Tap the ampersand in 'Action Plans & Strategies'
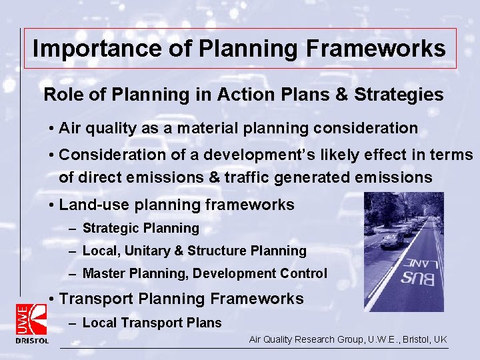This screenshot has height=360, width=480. tap(340, 95)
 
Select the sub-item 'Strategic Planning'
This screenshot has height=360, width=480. tap(141, 229)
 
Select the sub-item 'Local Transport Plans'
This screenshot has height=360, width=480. tap(152, 323)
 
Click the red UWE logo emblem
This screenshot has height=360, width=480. tap(31, 319)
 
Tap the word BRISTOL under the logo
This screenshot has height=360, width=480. tap(32, 341)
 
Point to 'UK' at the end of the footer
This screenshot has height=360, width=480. tap(440, 340)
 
